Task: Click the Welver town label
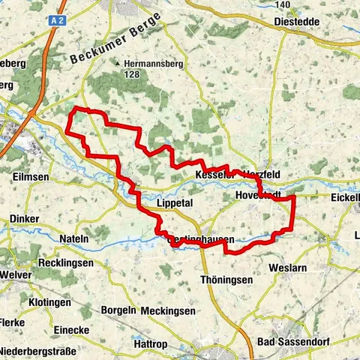point(17,274)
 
